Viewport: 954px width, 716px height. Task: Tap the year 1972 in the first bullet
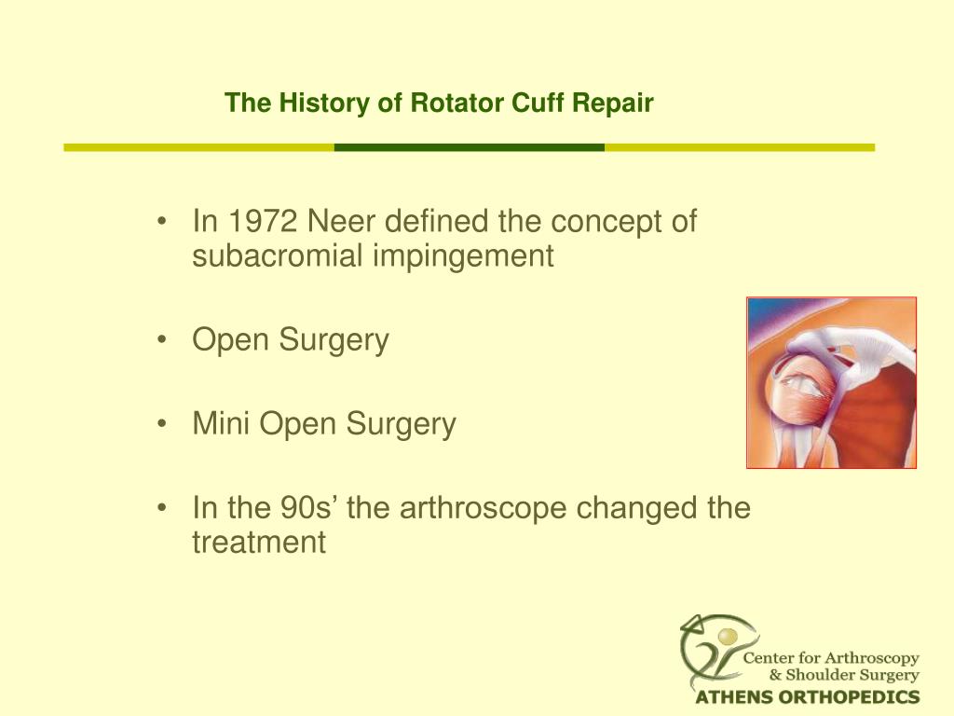pos(264,222)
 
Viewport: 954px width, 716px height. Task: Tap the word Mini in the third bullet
pos(222,425)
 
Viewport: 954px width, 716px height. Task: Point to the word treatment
pos(259,543)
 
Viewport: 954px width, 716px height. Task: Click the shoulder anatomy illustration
pos(831,382)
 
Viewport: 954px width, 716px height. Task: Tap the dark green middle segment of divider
pos(469,147)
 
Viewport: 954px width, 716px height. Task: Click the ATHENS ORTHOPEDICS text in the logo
pos(808,697)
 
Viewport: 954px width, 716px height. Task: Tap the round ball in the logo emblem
pos(726,636)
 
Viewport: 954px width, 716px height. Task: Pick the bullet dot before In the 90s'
pos(164,509)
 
